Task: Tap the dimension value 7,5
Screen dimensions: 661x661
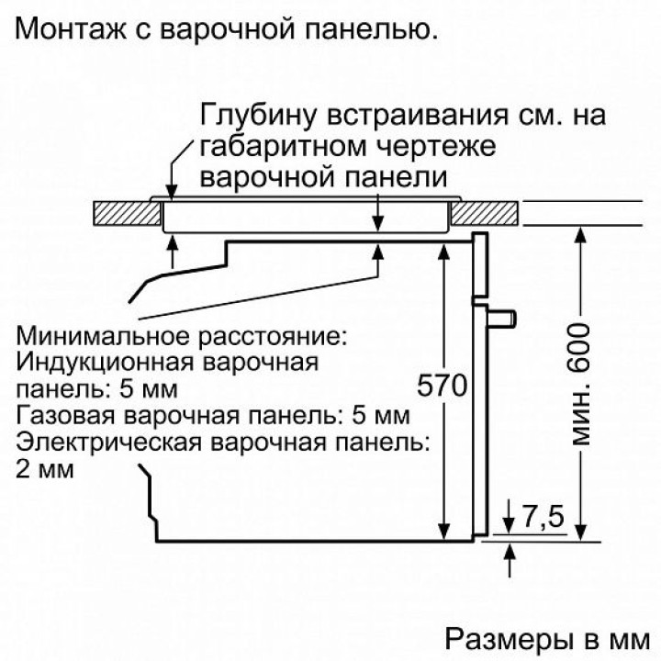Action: (542, 517)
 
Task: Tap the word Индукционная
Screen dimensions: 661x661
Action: (107, 361)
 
